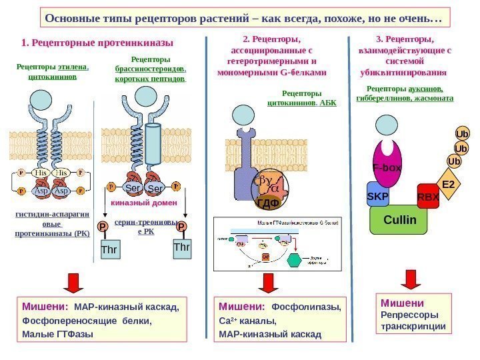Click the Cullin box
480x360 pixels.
pos(400,219)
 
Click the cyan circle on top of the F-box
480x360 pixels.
pos(386,126)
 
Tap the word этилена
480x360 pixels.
pos(73,67)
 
